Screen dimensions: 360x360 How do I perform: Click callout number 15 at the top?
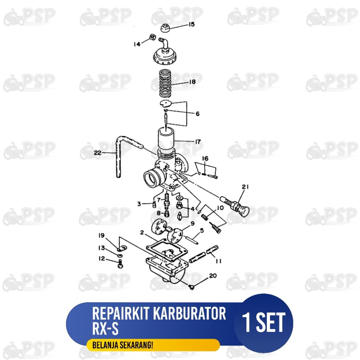[192, 24]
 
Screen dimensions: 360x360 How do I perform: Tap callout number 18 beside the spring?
[192, 82]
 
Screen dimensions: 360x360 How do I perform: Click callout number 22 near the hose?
[98, 153]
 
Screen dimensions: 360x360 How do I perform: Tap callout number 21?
[245, 187]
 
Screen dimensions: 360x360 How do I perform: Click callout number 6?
[197, 114]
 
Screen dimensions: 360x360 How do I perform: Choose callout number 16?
[205, 158]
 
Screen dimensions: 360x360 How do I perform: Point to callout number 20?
[213, 275]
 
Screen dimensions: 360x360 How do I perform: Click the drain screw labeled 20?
[192, 287]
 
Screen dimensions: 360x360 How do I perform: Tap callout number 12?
[102, 258]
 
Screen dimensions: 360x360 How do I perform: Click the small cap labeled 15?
[165, 28]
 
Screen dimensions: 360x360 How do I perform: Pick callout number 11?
[219, 261]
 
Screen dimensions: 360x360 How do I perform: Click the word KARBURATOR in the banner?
[189, 314]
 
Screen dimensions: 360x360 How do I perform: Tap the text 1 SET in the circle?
[264, 322]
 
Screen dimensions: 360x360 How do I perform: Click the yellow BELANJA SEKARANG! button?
[153, 345]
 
